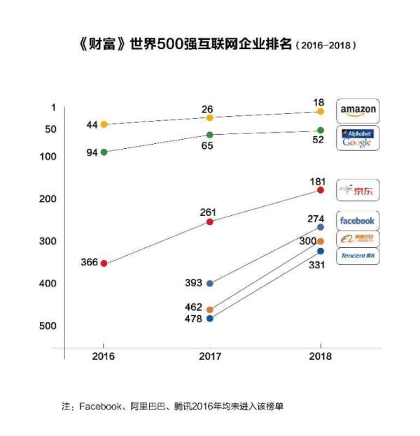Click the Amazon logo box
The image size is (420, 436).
click(358, 110)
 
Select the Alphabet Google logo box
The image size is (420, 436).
click(358, 138)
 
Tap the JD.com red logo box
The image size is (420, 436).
click(358, 190)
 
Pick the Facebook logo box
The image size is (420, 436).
click(358, 221)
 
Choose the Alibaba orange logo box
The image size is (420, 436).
click(358, 239)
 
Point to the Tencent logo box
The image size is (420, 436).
click(358, 256)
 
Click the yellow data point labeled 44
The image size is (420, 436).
click(104, 124)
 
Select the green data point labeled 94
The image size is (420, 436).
click(104, 152)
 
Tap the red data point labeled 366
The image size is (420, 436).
click(104, 263)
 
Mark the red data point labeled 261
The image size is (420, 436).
click(210, 221)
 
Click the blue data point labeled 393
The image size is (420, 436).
click(210, 283)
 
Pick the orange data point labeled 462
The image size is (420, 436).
click(210, 309)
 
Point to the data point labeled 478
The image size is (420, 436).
click(210, 318)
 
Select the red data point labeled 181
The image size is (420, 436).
click(321, 190)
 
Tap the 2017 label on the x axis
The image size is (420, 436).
click(210, 356)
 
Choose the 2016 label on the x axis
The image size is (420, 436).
click(104, 356)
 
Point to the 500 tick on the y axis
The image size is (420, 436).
click(48, 326)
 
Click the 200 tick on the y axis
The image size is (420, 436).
click(48, 199)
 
